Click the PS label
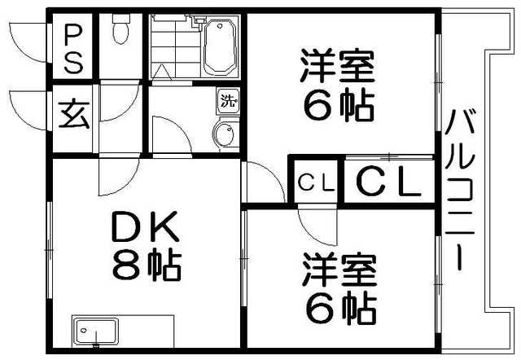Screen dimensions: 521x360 coord(74,48)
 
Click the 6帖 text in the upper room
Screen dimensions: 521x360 coord(338,105)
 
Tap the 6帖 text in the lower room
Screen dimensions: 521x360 coord(339,309)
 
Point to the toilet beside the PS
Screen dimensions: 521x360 coord(121,32)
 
